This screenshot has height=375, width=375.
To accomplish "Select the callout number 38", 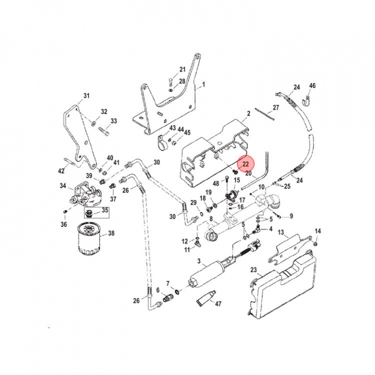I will (111, 233).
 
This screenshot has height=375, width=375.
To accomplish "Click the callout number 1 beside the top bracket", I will (204, 84).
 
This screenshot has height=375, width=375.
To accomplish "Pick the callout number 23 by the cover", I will (254, 270).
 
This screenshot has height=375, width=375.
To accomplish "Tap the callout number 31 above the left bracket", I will (86, 95).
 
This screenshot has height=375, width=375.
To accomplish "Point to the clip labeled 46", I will (307, 97).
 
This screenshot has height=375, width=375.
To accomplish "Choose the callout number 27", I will (276, 107).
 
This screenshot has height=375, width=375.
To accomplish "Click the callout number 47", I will (218, 303).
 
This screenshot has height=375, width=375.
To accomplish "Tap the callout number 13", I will (281, 232).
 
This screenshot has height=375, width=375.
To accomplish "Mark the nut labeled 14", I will (317, 243).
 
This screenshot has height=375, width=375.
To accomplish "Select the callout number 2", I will (248, 113).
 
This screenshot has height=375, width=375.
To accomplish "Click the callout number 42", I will (61, 170).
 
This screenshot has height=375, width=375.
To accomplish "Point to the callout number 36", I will (64, 224).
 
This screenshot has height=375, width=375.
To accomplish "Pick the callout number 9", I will (291, 216).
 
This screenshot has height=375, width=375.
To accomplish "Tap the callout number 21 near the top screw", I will (182, 69).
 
